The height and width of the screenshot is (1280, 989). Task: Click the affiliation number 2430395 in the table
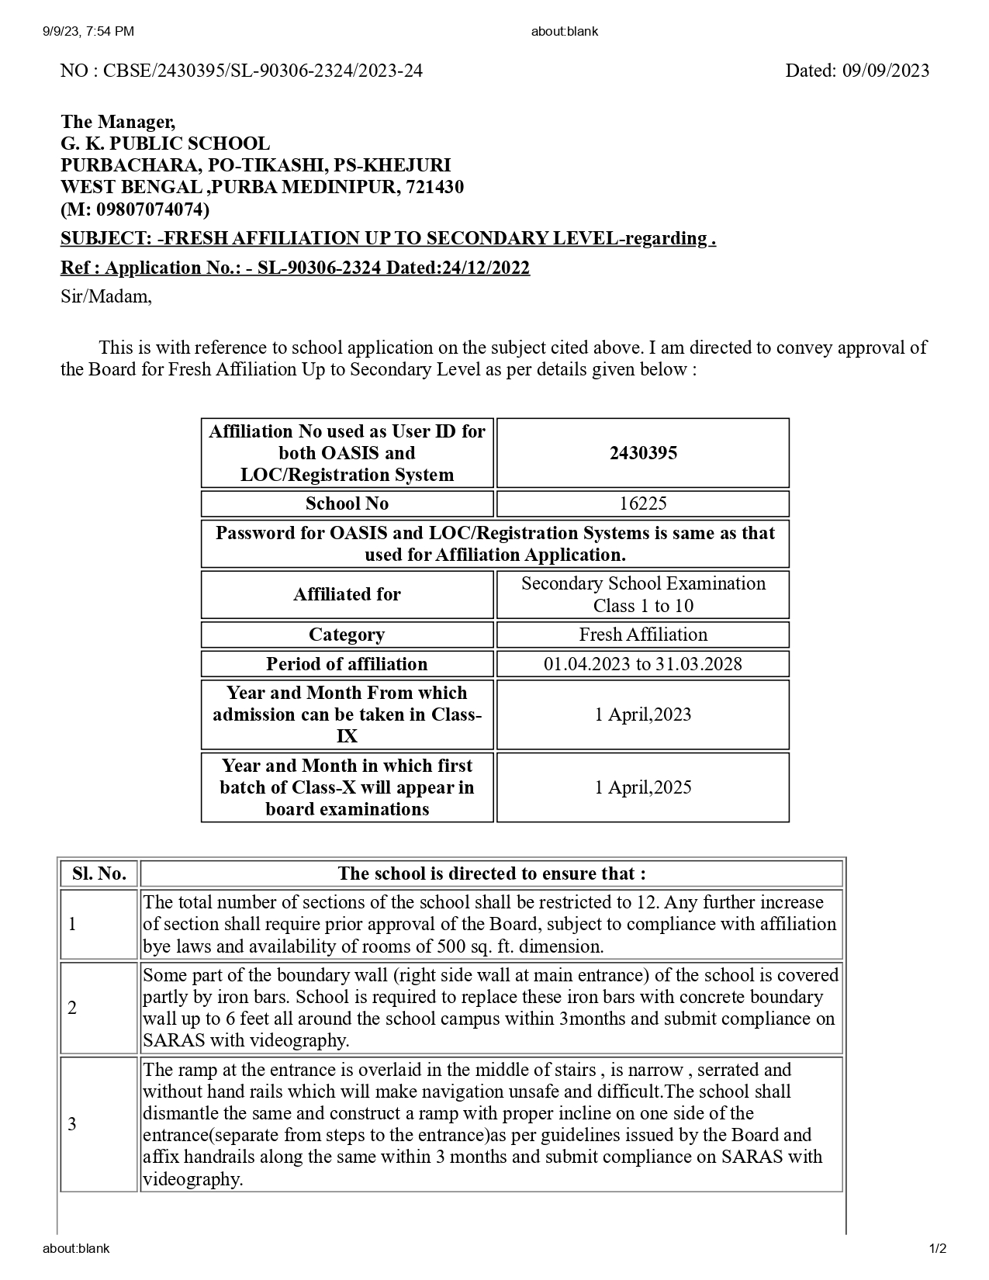pos(642,453)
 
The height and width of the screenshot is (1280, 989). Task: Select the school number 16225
pos(642,503)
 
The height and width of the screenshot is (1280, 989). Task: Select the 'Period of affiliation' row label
pos(347,664)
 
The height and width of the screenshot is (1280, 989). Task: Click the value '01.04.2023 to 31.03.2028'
pos(642,664)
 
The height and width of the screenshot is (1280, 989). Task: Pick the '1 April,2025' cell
pos(642,787)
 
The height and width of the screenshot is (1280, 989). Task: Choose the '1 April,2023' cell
pos(642,714)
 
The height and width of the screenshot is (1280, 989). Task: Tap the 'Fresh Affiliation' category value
pos(642,635)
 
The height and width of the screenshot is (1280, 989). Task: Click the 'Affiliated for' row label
pos(347,594)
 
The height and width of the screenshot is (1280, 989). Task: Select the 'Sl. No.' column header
pos(99,874)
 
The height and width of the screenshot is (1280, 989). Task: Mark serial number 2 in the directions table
pos(72,1008)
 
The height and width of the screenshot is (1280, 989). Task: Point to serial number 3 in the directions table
pos(72,1124)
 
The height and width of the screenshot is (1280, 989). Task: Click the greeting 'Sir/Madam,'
pos(106,296)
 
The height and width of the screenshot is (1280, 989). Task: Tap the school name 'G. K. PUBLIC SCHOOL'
pos(165,144)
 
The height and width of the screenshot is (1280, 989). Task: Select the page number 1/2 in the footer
pos(937,1249)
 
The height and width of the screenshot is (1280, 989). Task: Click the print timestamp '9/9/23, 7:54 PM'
pos(88,31)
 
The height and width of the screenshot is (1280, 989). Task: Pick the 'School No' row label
pos(347,503)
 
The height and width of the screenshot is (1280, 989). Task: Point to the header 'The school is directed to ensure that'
pos(491,874)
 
